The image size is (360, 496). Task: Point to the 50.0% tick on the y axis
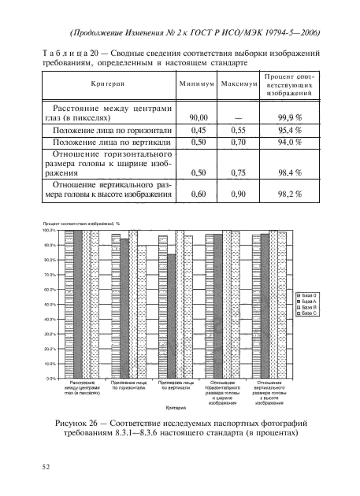[x=48, y=304]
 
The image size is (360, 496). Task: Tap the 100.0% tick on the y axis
[x=47, y=231]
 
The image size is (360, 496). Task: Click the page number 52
[x=46, y=466]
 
